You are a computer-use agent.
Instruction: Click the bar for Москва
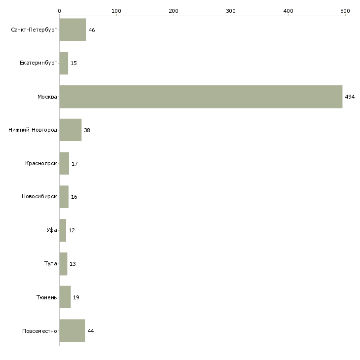click(201, 97)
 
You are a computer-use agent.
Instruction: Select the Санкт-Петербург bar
click(72, 30)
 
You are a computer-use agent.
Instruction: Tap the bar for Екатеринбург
click(64, 63)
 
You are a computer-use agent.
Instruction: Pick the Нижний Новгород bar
click(71, 130)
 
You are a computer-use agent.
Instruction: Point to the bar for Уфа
click(63, 230)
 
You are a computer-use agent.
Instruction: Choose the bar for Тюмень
click(65, 297)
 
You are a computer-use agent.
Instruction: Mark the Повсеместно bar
click(72, 330)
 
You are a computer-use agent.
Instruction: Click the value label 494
click(350, 97)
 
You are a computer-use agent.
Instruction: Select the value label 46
click(92, 30)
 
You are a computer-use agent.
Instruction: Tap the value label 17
click(74, 164)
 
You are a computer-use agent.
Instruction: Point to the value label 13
click(72, 264)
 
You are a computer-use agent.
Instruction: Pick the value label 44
click(91, 331)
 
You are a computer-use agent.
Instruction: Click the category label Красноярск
click(41, 163)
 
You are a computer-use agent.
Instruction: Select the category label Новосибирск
click(39, 197)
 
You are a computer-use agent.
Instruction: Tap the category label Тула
click(50, 263)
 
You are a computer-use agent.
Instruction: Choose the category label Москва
click(47, 97)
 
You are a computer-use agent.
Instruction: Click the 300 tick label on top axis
click(231, 11)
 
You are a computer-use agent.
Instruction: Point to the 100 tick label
click(116, 11)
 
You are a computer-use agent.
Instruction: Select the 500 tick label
click(345, 11)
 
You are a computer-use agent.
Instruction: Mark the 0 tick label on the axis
click(60, 11)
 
